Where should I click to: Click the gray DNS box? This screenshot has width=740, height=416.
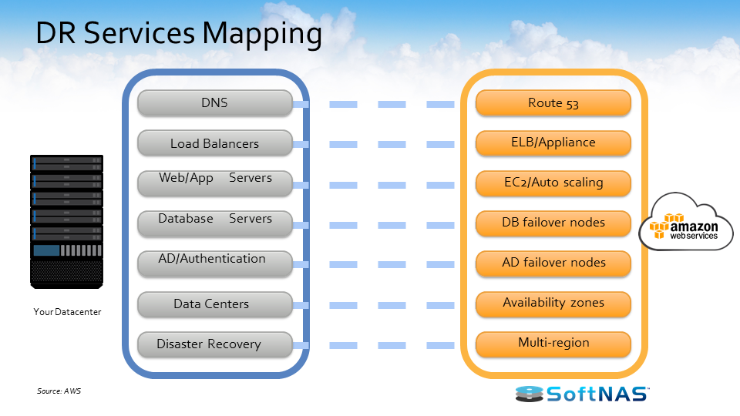(214, 103)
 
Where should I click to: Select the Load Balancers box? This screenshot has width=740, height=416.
(214, 143)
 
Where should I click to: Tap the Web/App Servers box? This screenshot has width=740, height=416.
(214, 183)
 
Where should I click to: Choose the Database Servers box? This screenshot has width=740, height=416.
(214, 223)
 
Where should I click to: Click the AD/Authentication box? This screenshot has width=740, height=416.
(214, 263)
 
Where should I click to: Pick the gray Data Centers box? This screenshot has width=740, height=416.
(214, 304)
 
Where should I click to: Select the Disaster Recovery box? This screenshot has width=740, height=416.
(214, 344)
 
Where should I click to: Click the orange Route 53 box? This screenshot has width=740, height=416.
(553, 103)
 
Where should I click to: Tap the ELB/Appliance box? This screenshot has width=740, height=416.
(553, 143)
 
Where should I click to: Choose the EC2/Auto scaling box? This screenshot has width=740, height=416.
(553, 183)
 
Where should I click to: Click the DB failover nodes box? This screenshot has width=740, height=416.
(553, 223)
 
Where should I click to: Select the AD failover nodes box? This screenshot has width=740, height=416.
(553, 263)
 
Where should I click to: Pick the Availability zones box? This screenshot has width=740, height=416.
(553, 303)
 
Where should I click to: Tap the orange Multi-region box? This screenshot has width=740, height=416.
(553, 343)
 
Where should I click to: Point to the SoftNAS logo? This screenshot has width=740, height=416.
(582, 394)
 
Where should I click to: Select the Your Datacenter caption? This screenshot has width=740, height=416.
(67, 312)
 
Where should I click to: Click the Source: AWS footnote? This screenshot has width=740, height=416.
(59, 391)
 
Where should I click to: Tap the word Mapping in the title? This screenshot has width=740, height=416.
(262, 35)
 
